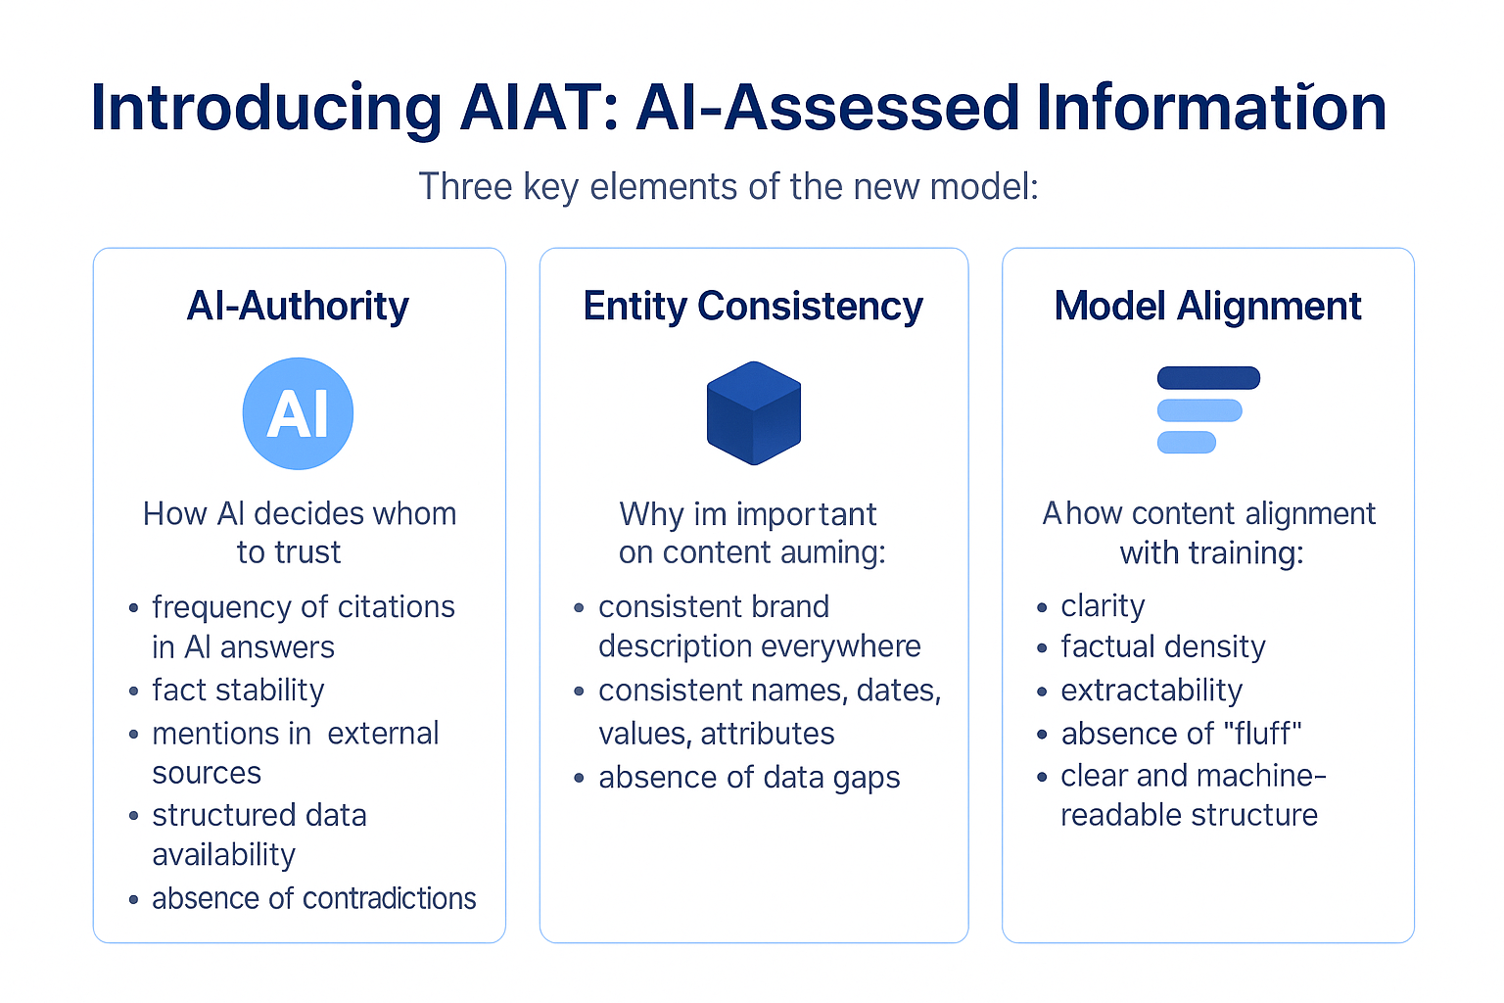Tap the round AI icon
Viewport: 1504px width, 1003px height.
[298, 413]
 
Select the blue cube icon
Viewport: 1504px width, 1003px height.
[754, 412]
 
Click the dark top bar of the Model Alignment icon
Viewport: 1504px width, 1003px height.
[1208, 378]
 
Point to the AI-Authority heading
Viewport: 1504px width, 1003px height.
[298, 307]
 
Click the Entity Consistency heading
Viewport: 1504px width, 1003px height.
[753, 307]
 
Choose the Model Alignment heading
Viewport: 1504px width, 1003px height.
[1207, 307]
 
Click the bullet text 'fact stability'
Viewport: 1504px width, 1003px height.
[238, 691]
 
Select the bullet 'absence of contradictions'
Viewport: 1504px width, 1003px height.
[313, 898]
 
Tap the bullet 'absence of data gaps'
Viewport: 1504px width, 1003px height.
[749, 778]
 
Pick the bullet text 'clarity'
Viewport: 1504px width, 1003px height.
[1103, 606]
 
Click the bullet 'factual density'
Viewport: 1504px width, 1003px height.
[1163, 647]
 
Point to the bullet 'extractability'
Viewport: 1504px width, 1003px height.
[1151, 691]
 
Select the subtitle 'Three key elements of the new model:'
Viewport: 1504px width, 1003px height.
[728, 186]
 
